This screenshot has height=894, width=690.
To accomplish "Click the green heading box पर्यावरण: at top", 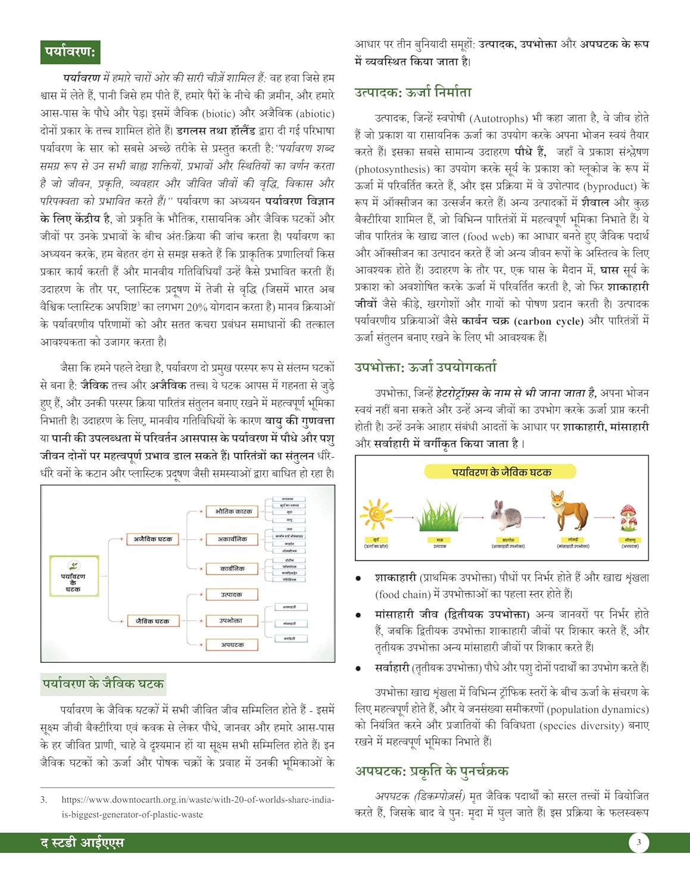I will pyautogui.click(x=69, y=52).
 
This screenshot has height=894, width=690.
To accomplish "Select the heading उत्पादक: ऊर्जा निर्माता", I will pyautogui.click(x=413, y=92).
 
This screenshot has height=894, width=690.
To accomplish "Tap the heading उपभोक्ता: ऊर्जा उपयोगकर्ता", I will pyautogui.click(x=425, y=367).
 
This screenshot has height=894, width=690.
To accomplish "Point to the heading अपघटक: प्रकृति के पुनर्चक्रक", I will pyautogui.click(x=432, y=771).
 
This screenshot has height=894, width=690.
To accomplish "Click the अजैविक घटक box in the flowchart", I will pyautogui.click(x=153, y=539).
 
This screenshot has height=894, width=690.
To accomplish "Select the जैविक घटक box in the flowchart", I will pyautogui.click(x=153, y=621).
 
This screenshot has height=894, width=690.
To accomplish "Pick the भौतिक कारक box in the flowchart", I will pyautogui.click(x=233, y=511).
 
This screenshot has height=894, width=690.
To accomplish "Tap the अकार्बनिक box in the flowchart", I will pyautogui.click(x=233, y=539).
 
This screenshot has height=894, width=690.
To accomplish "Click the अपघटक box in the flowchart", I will pyautogui.click(x=233, y=645).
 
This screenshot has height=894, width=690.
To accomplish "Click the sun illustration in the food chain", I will pyautogui.click(x=376, y=514).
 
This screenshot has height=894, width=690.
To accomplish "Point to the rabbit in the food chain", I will pyautogui.click(x=507, y=516).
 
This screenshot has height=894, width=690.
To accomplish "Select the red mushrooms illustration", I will pyautogui.click(x=629, y=517).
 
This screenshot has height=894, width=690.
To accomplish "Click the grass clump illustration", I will pyautogui.click(x=439, y=516).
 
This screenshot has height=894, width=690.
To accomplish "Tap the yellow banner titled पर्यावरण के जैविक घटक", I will pyautogui.click(x=501, y=472).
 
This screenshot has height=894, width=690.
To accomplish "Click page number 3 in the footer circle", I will pyautogui.click(x=639, y=842).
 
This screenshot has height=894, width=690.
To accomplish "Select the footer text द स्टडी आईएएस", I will pyautogui.click(x=82, y=843).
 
